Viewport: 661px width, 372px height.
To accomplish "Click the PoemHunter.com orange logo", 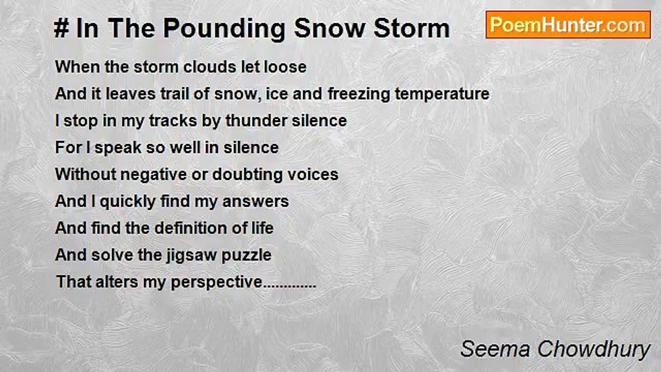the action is tap(568, 25).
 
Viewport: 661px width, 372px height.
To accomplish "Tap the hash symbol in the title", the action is tap(61, 28).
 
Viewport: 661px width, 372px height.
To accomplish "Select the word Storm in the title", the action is tap(412, 28).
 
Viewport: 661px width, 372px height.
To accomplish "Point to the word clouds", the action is tap(209, 67).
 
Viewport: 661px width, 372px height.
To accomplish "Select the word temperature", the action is tap(442, 94).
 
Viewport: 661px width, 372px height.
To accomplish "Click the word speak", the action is tap(118, 148).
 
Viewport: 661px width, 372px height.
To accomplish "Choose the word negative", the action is tap(153, 175).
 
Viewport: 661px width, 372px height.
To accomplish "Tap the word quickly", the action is tap(128, 202).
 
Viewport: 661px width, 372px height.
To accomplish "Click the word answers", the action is tap(256, 202).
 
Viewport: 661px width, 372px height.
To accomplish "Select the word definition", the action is tap(191, 228).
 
